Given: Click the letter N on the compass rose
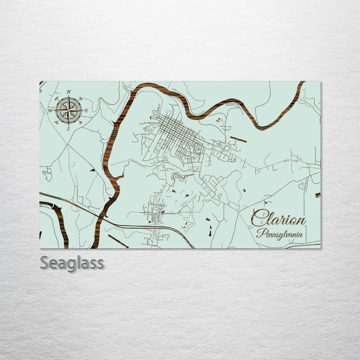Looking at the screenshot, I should pyautogui.click(x=68, y=92).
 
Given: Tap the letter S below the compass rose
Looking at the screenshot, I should pyautogui.click(x=68, y=129).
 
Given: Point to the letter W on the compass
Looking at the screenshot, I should pyautogui.click(x=50, y=110).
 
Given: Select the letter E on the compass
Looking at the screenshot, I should pyautogui.click(x=86, y=110).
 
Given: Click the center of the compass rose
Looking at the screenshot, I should pyautogui.click(x=68, y=110).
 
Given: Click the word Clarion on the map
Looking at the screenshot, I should pyautogui.click(x=278, y=220).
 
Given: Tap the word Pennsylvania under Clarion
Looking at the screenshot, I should pyautogui.click(x=279, y=234).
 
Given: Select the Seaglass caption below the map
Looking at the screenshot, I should pyautogui.click(x=72, y=263).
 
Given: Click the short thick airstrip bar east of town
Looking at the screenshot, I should pyautogui.click(x=238, y=139).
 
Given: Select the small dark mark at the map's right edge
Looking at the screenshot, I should pyautogui.click(x=318, y=195).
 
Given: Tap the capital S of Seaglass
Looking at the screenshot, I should pyautogui.click(x=45, y=263).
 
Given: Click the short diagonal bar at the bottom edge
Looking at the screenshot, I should pyautogui.click(x=118, y=241).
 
